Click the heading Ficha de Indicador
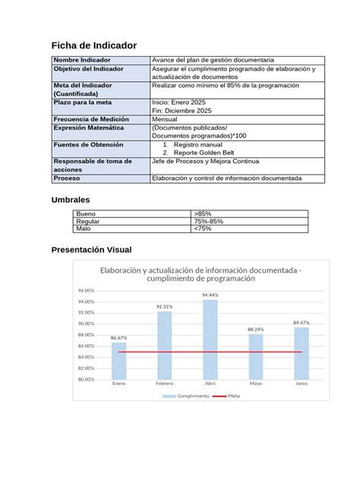(x=93, y=46)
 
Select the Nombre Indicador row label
(x=81, y=60)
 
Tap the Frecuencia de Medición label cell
(x=90, y=119)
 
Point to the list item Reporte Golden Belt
(x=204, y=152)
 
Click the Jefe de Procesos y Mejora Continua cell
(x=206, y=162)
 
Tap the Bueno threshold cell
(x=86, y=214)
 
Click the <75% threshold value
(x=203, y=228)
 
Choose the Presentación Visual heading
(x=90, y=250)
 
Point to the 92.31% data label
(x=164, y=307)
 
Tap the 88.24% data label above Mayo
(x=256, y=329)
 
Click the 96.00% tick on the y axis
(x=86, y=291)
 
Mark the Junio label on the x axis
(x=302, y=384)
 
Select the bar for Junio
(x=302, y=352)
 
